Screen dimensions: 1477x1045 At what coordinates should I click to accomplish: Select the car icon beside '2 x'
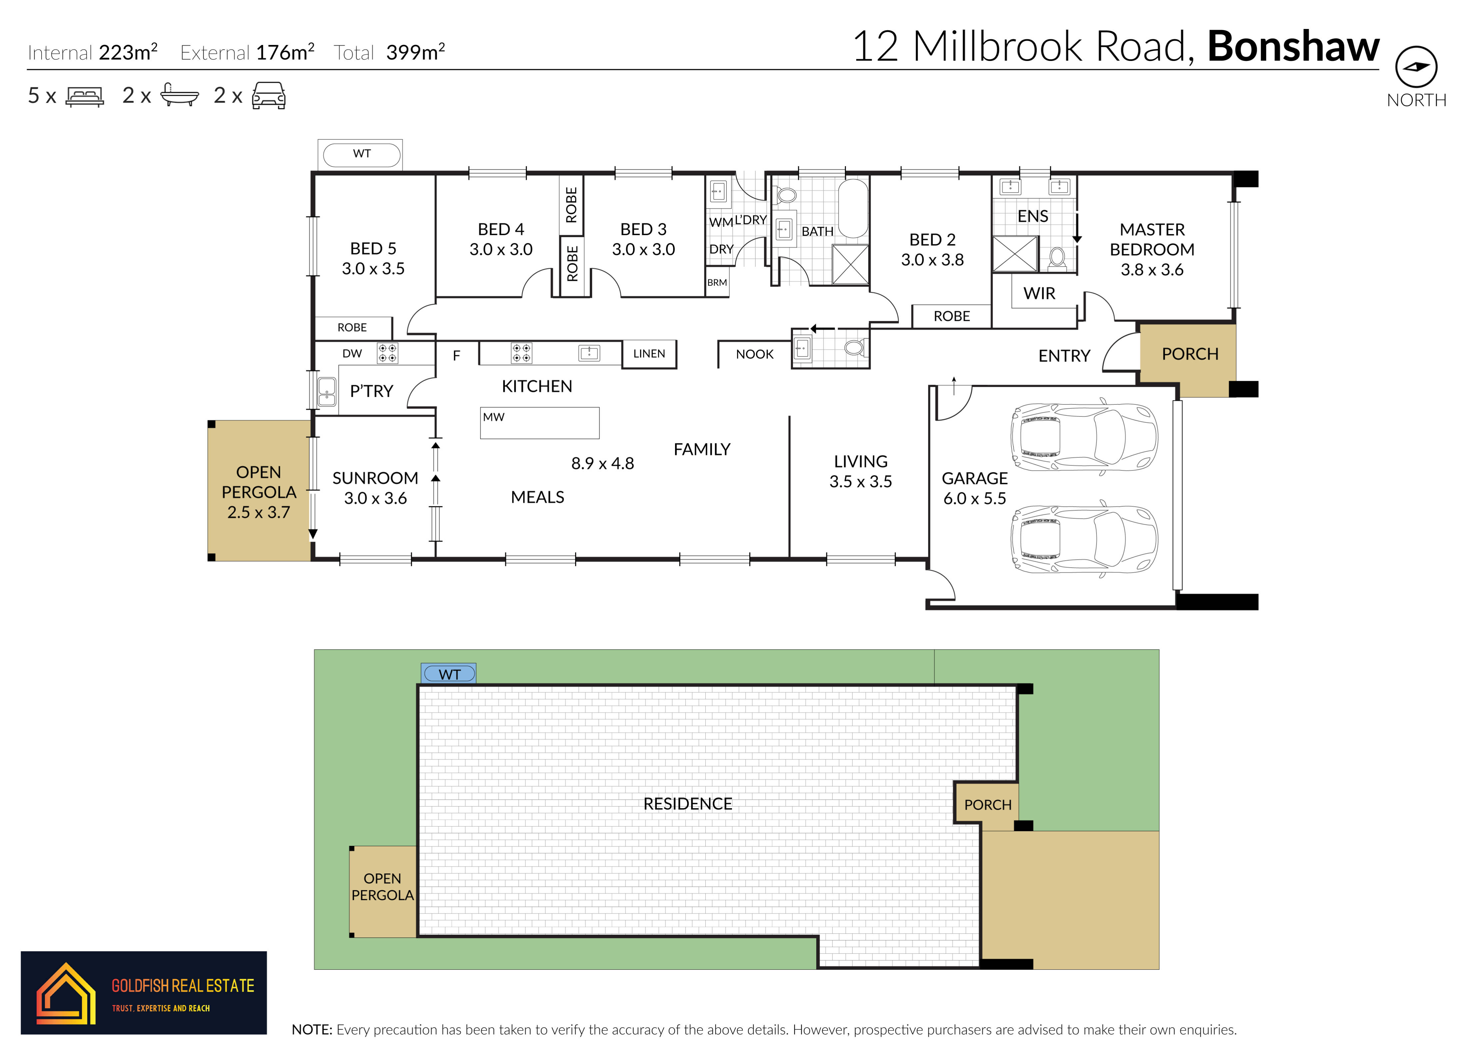(x=268, y=95)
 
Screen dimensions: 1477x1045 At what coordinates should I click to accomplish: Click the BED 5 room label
(x=373, y=249)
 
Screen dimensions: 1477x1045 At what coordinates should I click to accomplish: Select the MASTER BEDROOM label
(x=1152, y=240)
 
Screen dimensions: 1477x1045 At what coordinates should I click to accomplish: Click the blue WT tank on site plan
(x=449, y=674)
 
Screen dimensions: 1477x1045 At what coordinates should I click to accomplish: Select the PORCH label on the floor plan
(x=1190, y=354)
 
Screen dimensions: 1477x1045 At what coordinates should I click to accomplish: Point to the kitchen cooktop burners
(x=521, y=353)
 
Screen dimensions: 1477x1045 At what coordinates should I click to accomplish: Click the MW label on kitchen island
(x=494, y=417)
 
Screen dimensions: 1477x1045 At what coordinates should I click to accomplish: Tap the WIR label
(x=1040, y=293)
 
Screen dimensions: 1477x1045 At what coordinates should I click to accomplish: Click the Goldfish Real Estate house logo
(x=65, y=993)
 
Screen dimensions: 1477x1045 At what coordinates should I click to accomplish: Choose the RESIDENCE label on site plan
(x=688, y=804)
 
